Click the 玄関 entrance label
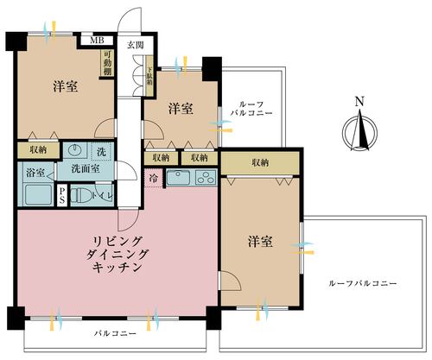(136, 45)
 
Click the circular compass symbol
(359, 134)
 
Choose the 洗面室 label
(86, 167)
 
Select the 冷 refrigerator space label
(154, 180)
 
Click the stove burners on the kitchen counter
(206, 179)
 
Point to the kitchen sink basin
(177, 179)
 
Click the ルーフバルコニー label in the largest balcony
(363, 284)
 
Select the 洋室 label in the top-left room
(66, 86)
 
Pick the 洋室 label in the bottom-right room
(260, 241)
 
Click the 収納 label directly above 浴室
(37, 149)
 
